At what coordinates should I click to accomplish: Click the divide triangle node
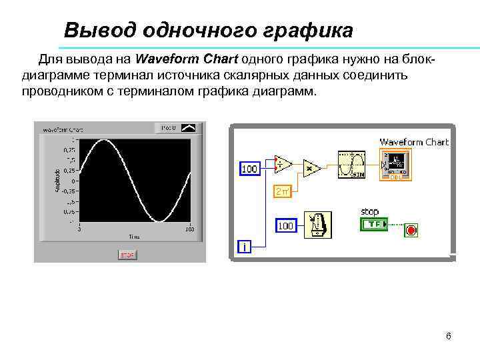coord(283,164)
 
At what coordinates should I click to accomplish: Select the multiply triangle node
coord(311,168)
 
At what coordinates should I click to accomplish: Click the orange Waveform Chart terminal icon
coord(395,164)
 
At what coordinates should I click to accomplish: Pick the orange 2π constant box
coord(282,192)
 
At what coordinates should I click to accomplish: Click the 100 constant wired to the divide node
coord(249,169)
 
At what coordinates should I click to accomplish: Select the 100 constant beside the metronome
coord(285,226)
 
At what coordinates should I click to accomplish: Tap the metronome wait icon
coord(318,224)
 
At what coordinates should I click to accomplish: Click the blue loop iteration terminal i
coord(245,247)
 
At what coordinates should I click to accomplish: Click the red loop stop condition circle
coord(411,231)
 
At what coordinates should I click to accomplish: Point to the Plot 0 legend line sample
coord(189,127)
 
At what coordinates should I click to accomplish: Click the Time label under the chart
coord(134,236)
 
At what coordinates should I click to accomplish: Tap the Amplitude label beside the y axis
coord(57,181)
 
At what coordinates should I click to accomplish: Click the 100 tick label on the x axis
coord(189,229)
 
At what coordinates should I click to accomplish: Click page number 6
coord(449,336)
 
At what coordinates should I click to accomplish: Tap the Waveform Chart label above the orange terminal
coord(414,141)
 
